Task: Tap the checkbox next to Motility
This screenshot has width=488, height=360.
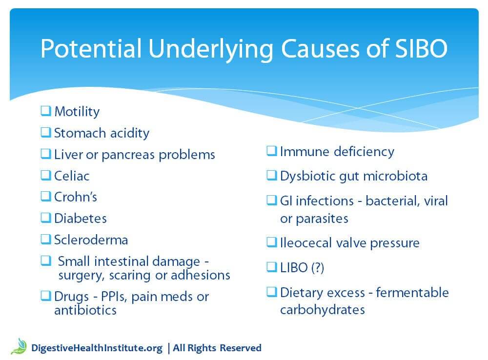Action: [x=46, y=111]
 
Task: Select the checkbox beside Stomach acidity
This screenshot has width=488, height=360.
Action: [x=46, y=132]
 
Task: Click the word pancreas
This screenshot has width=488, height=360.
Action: [x=128, y=155]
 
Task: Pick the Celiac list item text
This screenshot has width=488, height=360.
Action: [x=72, y=176]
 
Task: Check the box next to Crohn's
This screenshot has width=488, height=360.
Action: [x=46, y=196]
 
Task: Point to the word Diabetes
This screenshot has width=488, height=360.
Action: [x=81, y=219]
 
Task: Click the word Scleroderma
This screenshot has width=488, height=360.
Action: [x=91, y=240]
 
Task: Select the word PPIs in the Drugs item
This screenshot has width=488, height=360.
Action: [x=114, y=297]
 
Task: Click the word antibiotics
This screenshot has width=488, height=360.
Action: [x=85, y=310]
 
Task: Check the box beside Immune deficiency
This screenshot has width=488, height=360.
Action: [x=272, y=151]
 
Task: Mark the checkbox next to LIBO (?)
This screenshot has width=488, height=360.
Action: [x=272, y=267]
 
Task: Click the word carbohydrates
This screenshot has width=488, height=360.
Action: [x=323, y=310]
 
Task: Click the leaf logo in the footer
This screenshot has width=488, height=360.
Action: [x=20, y=346]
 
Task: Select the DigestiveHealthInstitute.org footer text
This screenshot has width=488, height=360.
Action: [x=97, y=348]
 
